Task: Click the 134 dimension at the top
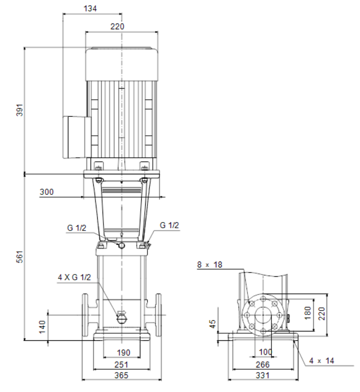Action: tap(90, 9)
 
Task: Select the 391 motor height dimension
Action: tap(20, 110)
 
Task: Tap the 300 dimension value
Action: tap(47, 192)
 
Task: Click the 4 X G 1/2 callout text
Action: tap(74, 277)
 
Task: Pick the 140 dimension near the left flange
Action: tap(42, 327)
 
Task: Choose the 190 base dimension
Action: tap(124, 353)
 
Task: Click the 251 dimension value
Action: tap(121, 365)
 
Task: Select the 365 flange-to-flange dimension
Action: tap(121, 375)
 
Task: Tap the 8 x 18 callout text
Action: tap(210, 265)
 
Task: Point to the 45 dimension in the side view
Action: tap(212, 324)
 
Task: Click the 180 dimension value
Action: tap(308, 313)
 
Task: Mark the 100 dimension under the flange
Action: tap(265, 352)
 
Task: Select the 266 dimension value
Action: tap(263, 365)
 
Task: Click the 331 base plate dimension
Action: tap(263, 375)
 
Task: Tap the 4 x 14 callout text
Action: tap(321, 361)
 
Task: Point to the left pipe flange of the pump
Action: tap(85, 315)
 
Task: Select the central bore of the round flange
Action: tap(263, 315)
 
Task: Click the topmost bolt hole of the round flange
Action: tap(263, 299)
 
